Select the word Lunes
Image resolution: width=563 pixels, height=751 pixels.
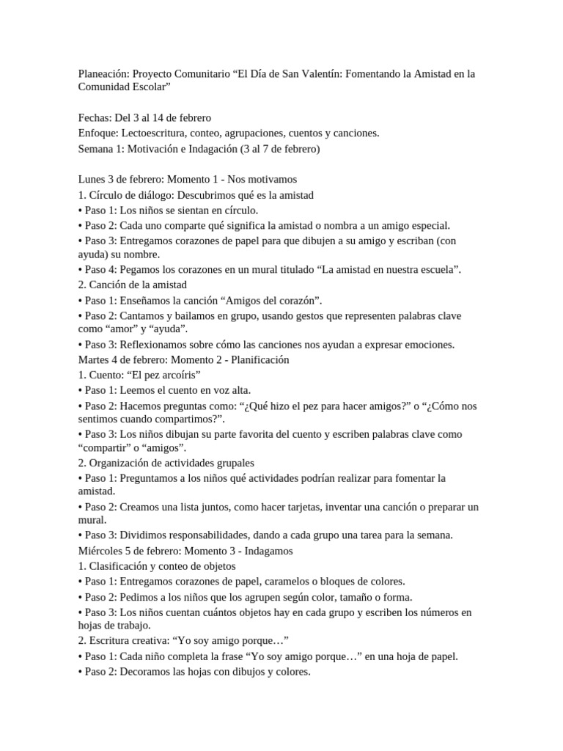tap(92, 180)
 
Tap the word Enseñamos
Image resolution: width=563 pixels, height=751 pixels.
tap(149, 301)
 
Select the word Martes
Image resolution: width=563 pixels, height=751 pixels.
tap(94, 360)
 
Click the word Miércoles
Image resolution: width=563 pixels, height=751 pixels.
tap(101, 551)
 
